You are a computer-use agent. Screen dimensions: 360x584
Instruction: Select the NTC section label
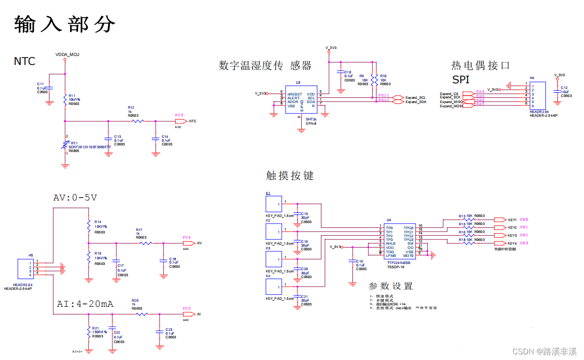24,61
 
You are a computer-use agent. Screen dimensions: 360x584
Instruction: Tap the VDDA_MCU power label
67,55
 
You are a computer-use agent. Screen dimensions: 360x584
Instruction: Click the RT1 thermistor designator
74,143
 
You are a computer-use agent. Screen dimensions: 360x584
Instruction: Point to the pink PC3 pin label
179,115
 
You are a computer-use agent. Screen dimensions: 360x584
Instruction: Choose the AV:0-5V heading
75,198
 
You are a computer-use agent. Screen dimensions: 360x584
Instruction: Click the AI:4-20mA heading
85,304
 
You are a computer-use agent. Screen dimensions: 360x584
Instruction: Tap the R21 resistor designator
96,328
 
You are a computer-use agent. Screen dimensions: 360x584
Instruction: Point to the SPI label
461,80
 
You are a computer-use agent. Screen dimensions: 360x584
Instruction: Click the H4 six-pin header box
537,96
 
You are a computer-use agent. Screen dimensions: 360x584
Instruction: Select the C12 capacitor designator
564,88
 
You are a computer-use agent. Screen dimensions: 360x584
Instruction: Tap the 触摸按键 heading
290,176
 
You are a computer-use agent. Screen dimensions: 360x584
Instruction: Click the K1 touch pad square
273,204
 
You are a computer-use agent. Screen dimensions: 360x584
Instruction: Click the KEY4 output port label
512,243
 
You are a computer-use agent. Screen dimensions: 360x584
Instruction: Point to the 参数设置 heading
390,286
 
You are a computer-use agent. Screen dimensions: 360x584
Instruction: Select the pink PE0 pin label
524,220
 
